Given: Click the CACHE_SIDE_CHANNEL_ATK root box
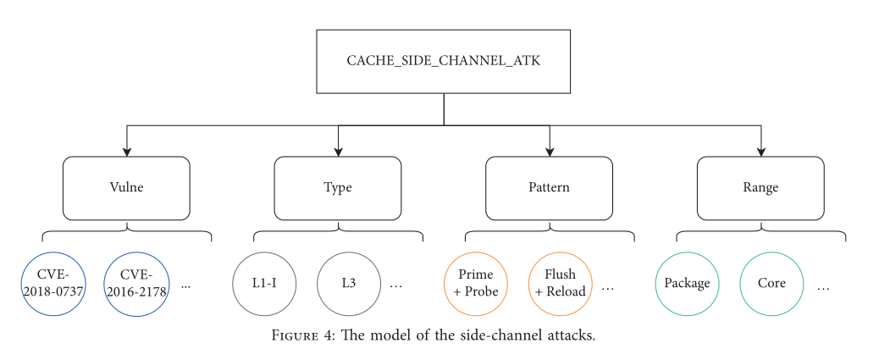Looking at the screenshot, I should click(x=444, y=62).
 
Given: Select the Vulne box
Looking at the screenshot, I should click(x=126, y=187).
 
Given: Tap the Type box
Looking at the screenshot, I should click(x=338, y=187).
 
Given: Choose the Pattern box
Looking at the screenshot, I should click(x=550, y=187).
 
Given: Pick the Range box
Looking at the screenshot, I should click(x=760, y=187).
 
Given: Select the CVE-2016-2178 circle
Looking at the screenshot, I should click(x=135, y=284).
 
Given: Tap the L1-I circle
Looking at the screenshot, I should click(x=263, y=284).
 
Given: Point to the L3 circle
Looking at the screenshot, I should click(x=348, y=284).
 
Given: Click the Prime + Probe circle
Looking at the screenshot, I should click(x=475, y=284).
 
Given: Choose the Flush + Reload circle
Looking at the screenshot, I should click(x=560, y=284).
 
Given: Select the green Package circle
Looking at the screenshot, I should click(x=687, y=284).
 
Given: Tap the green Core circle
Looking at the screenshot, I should click(x=771, y=284).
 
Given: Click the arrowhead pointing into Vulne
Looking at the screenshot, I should click(x=126, y=152).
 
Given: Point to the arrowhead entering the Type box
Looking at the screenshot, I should click(x=338, y=152).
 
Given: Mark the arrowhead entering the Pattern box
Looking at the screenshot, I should click(x=550, y=152).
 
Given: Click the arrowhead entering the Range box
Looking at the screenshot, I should click(x=760, y=152).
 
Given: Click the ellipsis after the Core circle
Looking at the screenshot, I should click(x=823, y=287).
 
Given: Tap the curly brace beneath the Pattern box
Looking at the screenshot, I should click(x=550, y=232).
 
